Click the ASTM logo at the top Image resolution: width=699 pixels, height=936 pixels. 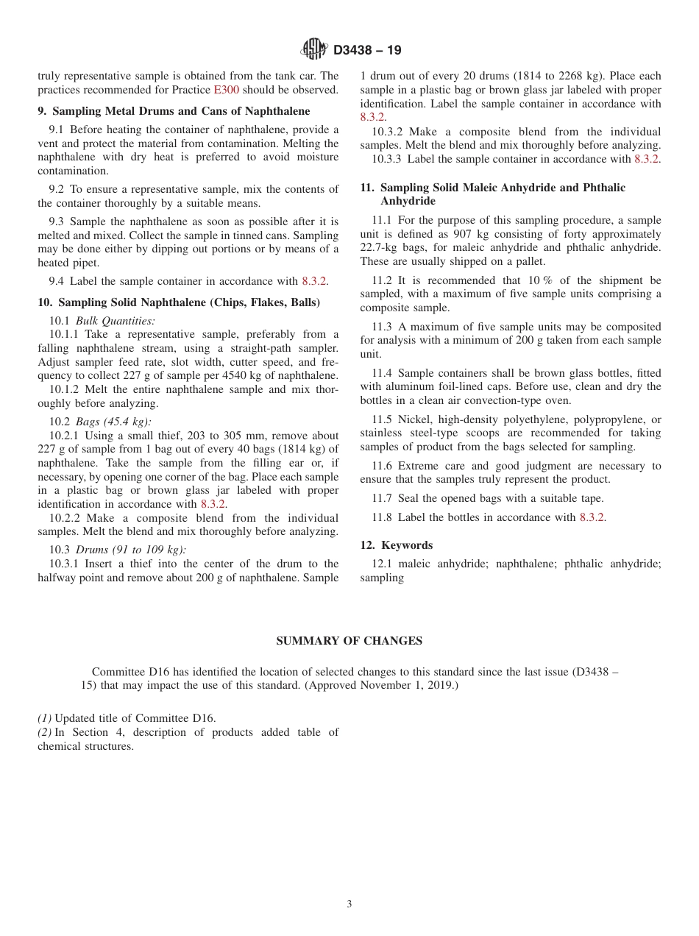pyautogui.click(x=314, y=50)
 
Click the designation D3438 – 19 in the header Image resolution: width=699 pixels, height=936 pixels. pyautogui.click(x=367, y=51)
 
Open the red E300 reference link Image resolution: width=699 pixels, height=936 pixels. pyautogui.click(x=226, y=90)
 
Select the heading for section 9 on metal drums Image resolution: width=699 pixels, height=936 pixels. pyautogui.click(x=174, y=111)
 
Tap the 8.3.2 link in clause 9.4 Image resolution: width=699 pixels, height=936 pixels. pyautogui.click(x=314, y=281)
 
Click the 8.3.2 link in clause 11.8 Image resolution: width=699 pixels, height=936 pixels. pyautogui.click(x=592, y=517)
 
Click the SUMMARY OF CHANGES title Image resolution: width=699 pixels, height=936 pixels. pyautogui.click(x=349, y=641)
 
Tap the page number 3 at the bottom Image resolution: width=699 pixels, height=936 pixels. pyautogui.click(x=349, y=904)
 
